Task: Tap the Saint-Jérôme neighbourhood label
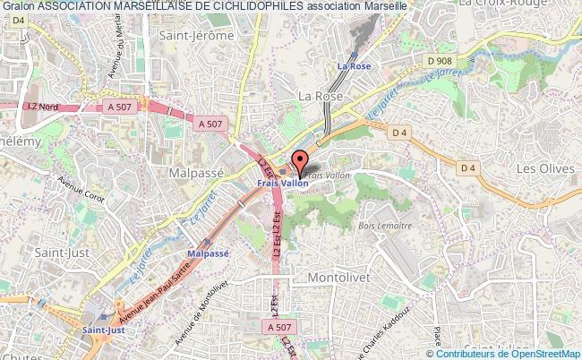pyautogui.click(x=196, y=36)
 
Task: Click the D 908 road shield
pyautogui.click(x=440, y=61)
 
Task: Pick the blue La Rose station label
pyautogui.click(x=353, y=66)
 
